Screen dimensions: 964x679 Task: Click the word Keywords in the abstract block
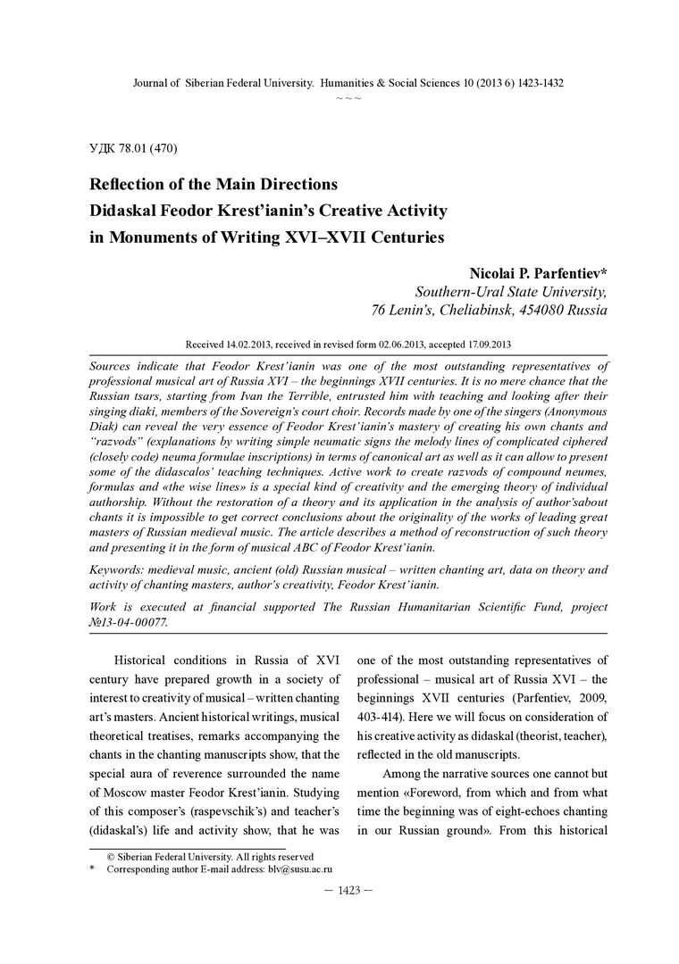122,569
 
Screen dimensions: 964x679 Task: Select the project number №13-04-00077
129,623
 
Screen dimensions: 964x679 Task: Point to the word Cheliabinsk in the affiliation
489,311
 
